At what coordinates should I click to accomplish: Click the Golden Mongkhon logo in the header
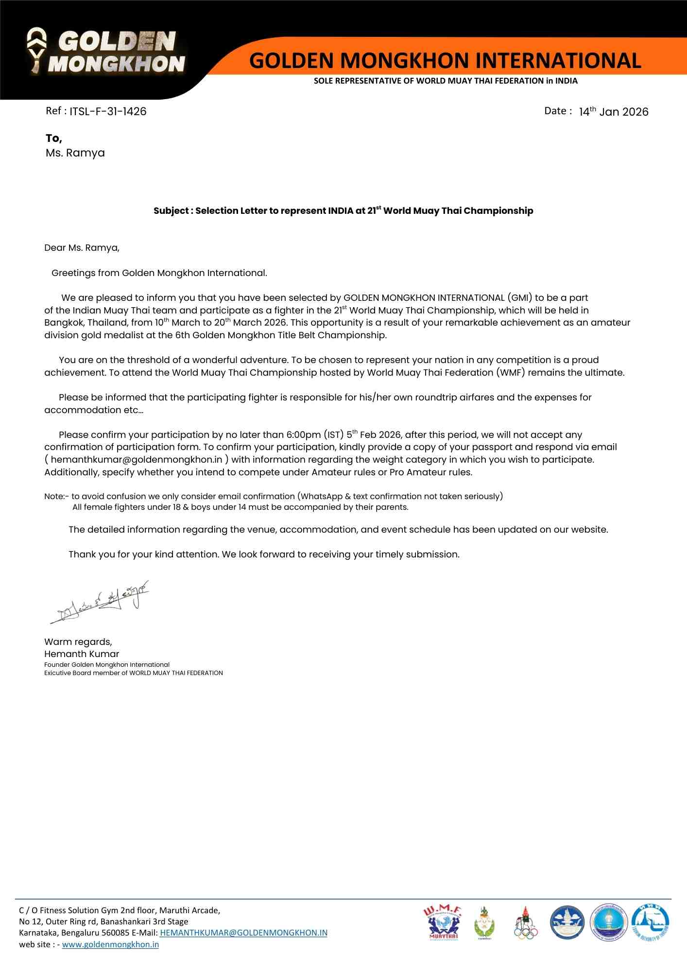[106, 52]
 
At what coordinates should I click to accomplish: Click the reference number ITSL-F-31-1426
[108, 111]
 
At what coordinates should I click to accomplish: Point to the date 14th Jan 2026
[613, 112]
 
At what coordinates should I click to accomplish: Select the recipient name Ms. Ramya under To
[75, 153]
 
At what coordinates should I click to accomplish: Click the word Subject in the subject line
[171, 211]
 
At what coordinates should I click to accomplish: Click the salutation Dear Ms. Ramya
[82, 248]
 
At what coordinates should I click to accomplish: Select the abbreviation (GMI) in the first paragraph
[520, 298]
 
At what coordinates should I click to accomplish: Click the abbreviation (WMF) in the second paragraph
[510, 373]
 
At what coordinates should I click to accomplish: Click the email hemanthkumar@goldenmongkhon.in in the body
[137, 460]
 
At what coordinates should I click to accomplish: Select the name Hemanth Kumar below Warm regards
[82, 654]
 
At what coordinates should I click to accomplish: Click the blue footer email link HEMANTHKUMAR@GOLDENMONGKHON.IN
[243, 933]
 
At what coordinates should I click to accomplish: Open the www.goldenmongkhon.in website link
[110, 944]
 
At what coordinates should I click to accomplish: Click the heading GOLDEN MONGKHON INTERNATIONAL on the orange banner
[445, 61]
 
